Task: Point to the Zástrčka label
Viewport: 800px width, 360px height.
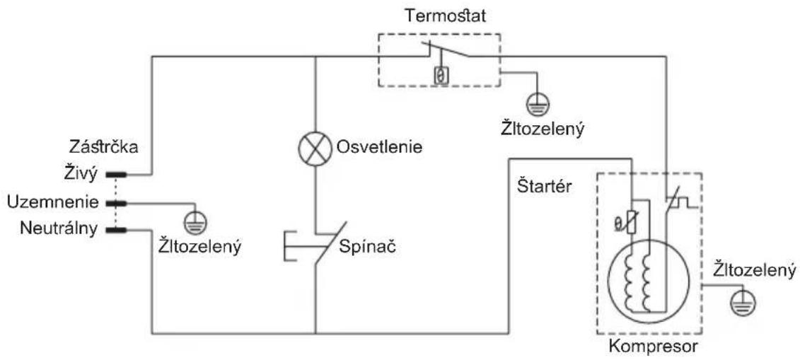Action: coord(103,147)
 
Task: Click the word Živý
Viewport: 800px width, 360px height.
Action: coord(81,175)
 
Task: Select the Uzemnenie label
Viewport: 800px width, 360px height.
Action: coord(52,202)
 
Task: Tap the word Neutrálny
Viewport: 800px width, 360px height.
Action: coord(59,229)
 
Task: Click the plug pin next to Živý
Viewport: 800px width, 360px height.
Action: coord(116,175)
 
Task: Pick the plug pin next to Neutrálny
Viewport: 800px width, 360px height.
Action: coord(116,231)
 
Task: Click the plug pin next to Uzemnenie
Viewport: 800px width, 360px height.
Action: coord(116,203)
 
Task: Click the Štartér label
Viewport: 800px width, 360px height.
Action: coord(544,187)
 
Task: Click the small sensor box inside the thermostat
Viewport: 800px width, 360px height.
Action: coord(439,76)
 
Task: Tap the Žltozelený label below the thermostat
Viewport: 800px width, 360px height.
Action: coord(542,128)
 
